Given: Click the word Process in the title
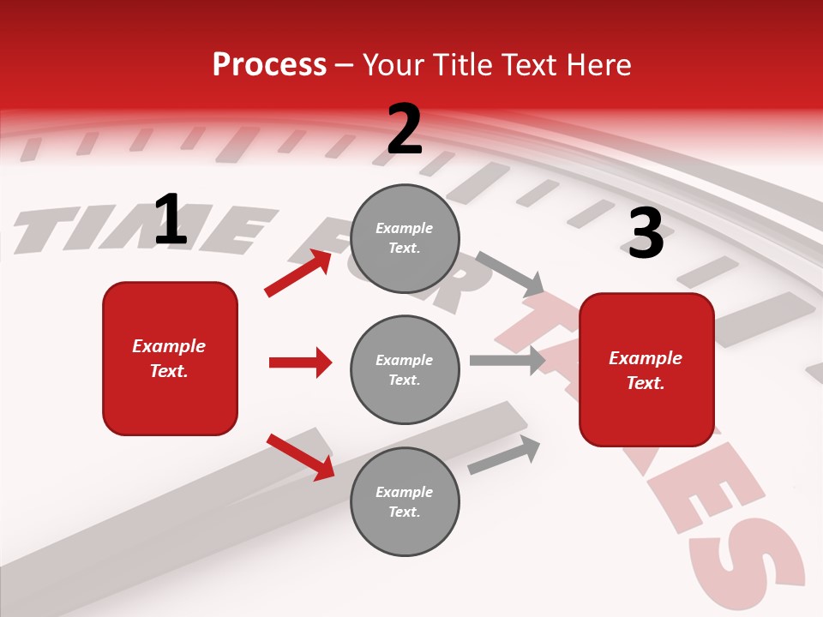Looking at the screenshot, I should (x=269, y=65).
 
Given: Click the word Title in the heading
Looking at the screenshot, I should (x=463, y=65).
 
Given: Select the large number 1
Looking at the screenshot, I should (x=171, y=220).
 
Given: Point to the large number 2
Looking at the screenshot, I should (x=405, y=129).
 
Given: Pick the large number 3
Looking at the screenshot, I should (x=646, y=234).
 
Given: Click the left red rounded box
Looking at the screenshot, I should (x=170, y=358).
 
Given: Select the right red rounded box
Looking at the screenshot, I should (x=646, y=369).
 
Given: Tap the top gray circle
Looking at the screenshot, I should (x=405, y=238).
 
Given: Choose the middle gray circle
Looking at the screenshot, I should (x=405, y=369).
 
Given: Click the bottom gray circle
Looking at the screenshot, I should (x=405, y=501).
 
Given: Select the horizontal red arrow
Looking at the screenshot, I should (x=300, y=362).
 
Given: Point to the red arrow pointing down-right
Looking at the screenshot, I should (x=301, y=456).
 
